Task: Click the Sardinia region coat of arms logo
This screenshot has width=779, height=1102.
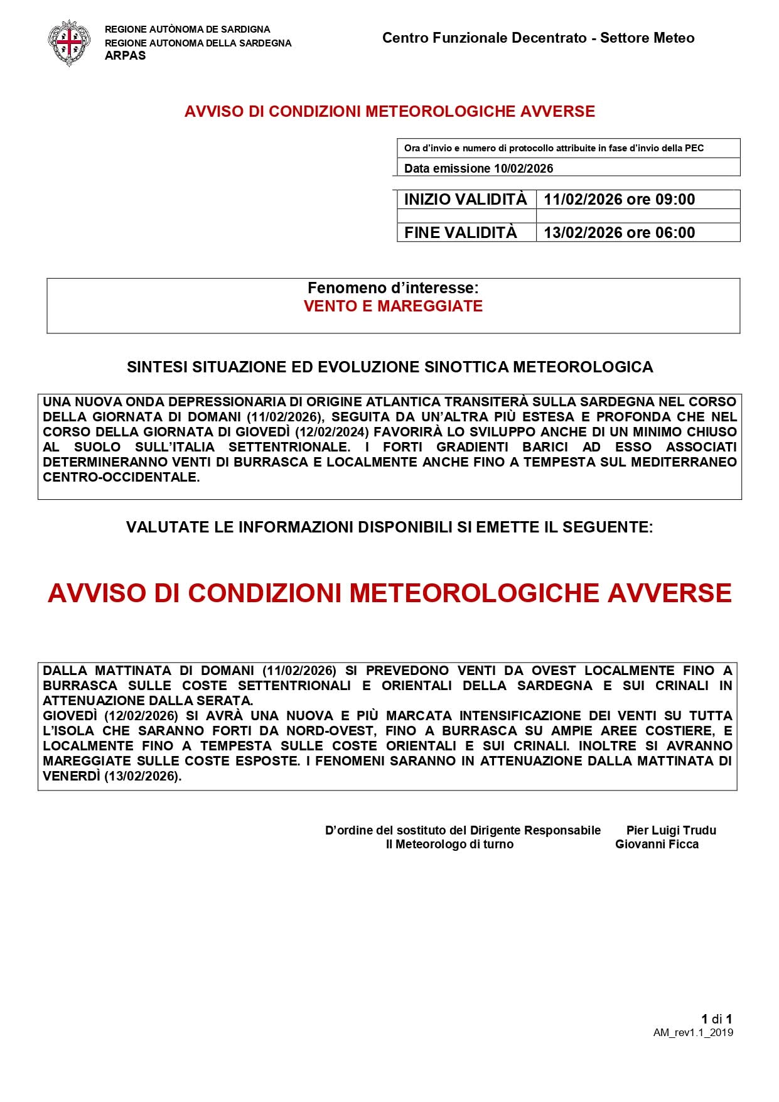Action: pos(68,42)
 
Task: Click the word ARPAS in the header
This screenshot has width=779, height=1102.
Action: pos(125,55)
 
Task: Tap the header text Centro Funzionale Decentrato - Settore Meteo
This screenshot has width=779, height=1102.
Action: pos(538,38)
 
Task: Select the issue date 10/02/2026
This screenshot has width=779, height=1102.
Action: pos(524,168)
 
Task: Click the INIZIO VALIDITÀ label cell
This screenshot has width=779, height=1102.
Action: pos(466,200)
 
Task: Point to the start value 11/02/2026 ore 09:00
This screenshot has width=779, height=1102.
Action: pos(619,200)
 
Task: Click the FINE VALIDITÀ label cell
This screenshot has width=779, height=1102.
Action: pos(461,232)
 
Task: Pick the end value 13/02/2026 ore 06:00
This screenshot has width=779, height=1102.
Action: pos(619,232)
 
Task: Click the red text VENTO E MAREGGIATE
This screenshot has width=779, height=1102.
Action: pos(393,306)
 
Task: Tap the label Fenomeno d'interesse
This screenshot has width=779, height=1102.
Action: pos(393,288)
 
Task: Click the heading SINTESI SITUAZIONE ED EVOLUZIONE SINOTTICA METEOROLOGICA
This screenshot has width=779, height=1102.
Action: pos(390,367)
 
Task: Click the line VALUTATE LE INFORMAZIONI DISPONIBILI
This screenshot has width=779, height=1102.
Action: pos(389,527)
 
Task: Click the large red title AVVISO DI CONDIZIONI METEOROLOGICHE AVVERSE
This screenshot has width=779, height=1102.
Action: pos(390,593)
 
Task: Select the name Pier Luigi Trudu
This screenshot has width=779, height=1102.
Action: pos(671,830)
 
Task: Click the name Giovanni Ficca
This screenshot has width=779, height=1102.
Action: pos(657,845)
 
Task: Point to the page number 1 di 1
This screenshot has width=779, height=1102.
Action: pos(717,1019)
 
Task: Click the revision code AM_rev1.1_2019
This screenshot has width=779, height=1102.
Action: pos(693,1033)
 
